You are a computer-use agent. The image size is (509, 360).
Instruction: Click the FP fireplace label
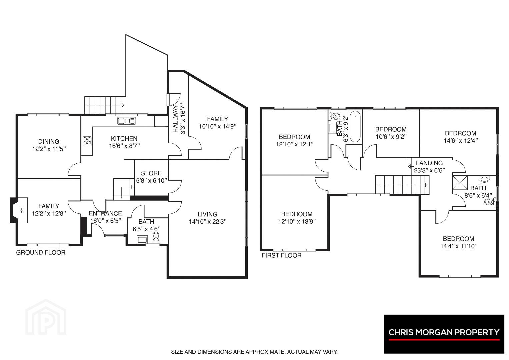coord(22,210)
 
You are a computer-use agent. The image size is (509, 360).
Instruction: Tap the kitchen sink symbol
coord(127,121)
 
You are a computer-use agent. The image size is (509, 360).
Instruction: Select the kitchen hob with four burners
coord(87,141)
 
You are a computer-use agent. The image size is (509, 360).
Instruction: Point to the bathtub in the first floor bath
coord(355,127)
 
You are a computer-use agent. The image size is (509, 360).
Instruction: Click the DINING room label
coord(49,141)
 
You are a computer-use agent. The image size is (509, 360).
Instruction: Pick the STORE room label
coord(151,173)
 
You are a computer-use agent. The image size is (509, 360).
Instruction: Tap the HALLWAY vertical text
coord(175,119)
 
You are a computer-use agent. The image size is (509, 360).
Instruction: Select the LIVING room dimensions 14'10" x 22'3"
coord(208,221)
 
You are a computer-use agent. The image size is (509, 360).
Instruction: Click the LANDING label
coord(429,163)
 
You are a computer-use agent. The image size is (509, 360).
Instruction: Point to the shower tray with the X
coord(460,183)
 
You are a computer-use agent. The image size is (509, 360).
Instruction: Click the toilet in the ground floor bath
coord(156,237)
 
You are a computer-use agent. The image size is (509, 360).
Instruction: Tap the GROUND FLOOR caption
coord(41,253)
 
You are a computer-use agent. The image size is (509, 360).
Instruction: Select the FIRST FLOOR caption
coord(282,255)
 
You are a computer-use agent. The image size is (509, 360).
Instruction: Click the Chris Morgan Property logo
coord(444,334)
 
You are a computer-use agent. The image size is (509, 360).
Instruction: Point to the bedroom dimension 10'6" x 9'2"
coord(391,137)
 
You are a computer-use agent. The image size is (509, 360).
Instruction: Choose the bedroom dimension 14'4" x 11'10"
coord(459,246)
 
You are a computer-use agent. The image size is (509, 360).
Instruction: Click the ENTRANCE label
coord(105,213)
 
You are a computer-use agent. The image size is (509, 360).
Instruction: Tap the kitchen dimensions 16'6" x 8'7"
coord(125,146)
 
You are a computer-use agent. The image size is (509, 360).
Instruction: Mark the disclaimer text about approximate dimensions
coord(254,352)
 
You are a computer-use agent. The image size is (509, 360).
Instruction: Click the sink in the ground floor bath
coord(142,239)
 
